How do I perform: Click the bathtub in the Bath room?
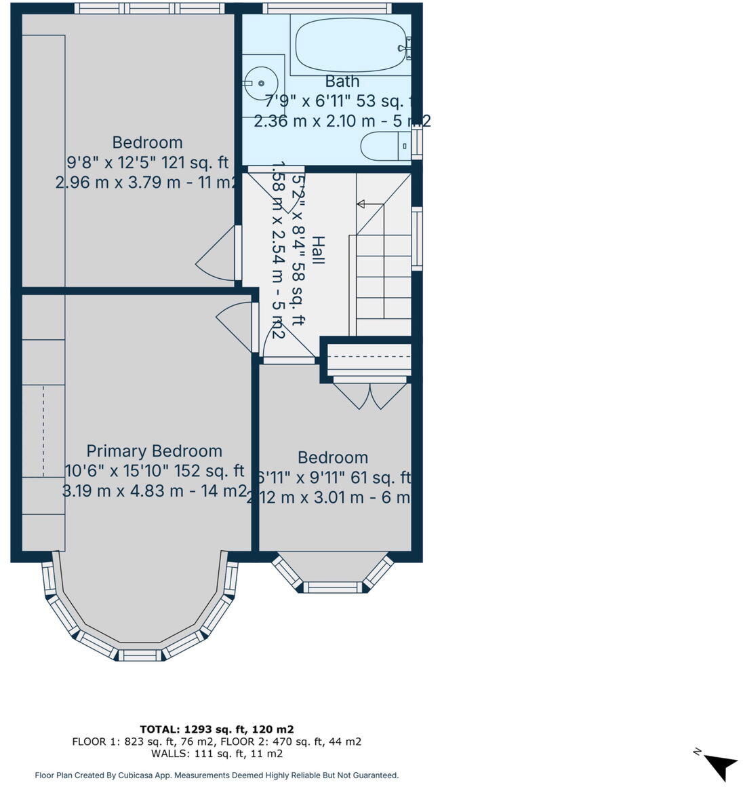[350, 45]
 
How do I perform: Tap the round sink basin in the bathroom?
[261, 83]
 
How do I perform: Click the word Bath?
[342, 81]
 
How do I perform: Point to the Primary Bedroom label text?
[154, 451]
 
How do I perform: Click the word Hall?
[317, 250]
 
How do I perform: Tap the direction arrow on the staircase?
[361, 204]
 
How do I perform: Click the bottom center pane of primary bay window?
[139, 655]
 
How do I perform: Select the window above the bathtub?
[327, 8]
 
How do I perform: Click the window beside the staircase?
[418, 238]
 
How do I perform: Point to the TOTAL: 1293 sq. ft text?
[217, 729]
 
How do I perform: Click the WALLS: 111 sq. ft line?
[217, 753]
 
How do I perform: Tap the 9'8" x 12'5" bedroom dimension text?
[147, 163]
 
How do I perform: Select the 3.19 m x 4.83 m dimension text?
[154, 491]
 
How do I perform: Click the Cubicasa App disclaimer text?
[217, 775]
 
